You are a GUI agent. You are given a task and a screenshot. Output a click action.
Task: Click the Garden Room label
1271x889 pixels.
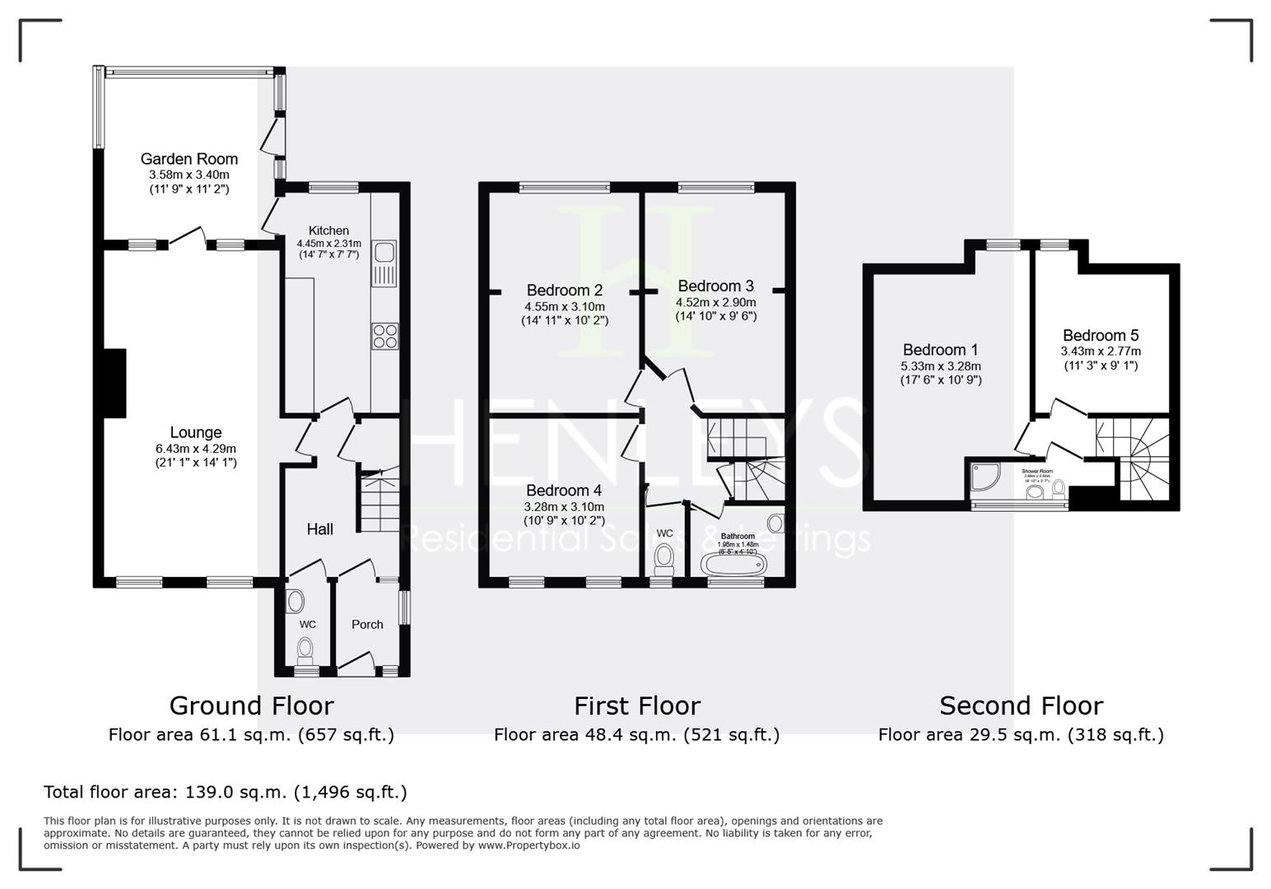(189, 159)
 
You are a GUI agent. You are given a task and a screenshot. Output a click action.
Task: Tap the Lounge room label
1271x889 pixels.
(196, 432)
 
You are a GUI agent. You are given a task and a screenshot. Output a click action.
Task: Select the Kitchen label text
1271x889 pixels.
(328, 230)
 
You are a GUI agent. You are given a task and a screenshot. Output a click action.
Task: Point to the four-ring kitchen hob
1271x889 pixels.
(385, 336)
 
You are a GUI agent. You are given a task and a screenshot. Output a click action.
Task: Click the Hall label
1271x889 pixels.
(319, 528)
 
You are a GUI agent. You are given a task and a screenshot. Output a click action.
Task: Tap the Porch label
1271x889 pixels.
(367, 624)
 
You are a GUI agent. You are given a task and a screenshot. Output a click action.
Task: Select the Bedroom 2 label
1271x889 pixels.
(564, 290)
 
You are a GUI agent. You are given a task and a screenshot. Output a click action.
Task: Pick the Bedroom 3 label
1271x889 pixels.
(715, 286)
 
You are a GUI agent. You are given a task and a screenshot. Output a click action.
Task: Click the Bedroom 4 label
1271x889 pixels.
(564, 491)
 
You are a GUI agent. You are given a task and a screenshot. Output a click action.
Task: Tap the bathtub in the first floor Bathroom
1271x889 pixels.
(733, 565)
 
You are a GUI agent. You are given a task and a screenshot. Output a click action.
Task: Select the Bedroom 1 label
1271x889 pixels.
(940, 350)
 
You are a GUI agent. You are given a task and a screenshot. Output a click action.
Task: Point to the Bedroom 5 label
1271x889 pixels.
(1100, 335)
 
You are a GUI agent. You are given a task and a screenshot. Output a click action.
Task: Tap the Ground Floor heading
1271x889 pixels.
(251, 705)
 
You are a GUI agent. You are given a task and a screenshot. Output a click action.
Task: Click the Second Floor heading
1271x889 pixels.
(1021, 705)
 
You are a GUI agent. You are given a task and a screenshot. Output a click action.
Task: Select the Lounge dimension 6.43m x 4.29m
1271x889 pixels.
(196, 449)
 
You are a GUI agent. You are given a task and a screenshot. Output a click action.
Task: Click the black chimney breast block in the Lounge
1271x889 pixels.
(114, 383)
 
